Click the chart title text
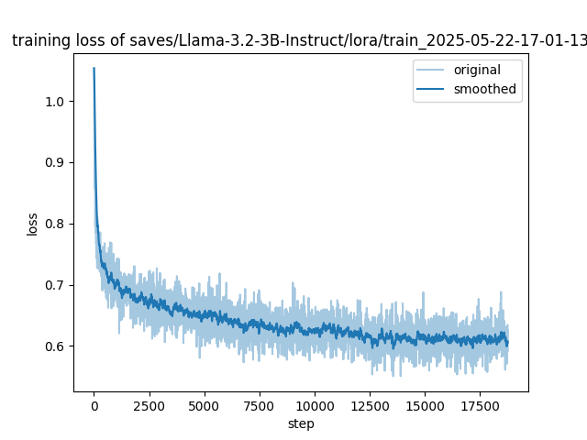coord(299,40)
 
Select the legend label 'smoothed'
coord(484,90)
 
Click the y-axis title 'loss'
coord(32,224)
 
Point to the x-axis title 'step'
coord(301,424)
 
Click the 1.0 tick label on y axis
coord(55,101)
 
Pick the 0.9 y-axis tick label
coord(55,162)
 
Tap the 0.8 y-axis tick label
coord(55,224)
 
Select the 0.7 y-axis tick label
coord(55,285)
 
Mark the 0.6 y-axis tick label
coord(55,346)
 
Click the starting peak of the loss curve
coord(94,69)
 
